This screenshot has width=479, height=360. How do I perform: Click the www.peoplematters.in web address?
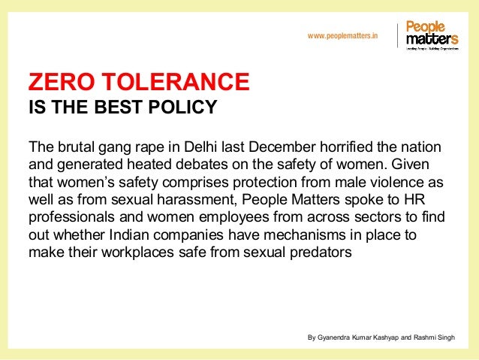[x=343, y=35]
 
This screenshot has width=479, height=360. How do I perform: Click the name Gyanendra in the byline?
[x=335, y=337]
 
